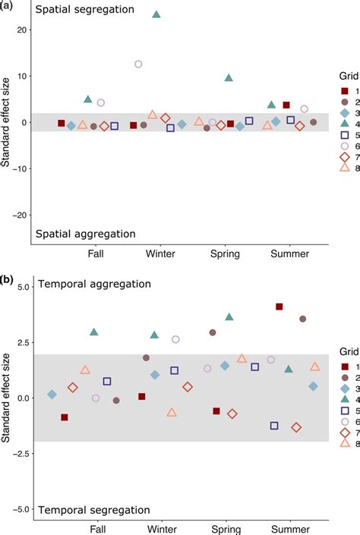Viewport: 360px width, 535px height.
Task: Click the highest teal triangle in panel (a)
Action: point(156,14)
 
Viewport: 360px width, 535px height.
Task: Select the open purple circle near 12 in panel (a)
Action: point(138,65)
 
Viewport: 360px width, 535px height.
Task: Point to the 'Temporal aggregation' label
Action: point(94,284)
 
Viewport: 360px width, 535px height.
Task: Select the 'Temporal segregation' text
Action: point(94,509)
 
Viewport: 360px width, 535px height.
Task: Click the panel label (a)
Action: point(8,6)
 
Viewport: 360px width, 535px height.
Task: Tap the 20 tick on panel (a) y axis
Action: point(21,30)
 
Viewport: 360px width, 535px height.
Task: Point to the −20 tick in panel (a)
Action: point(18,215)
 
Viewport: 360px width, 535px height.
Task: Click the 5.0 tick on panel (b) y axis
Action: point(21,288)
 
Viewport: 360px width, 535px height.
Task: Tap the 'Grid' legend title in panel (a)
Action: point(346,76)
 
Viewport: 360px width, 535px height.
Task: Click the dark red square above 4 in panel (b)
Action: point(279,307)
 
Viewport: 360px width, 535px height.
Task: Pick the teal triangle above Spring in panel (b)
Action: point(229,317)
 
